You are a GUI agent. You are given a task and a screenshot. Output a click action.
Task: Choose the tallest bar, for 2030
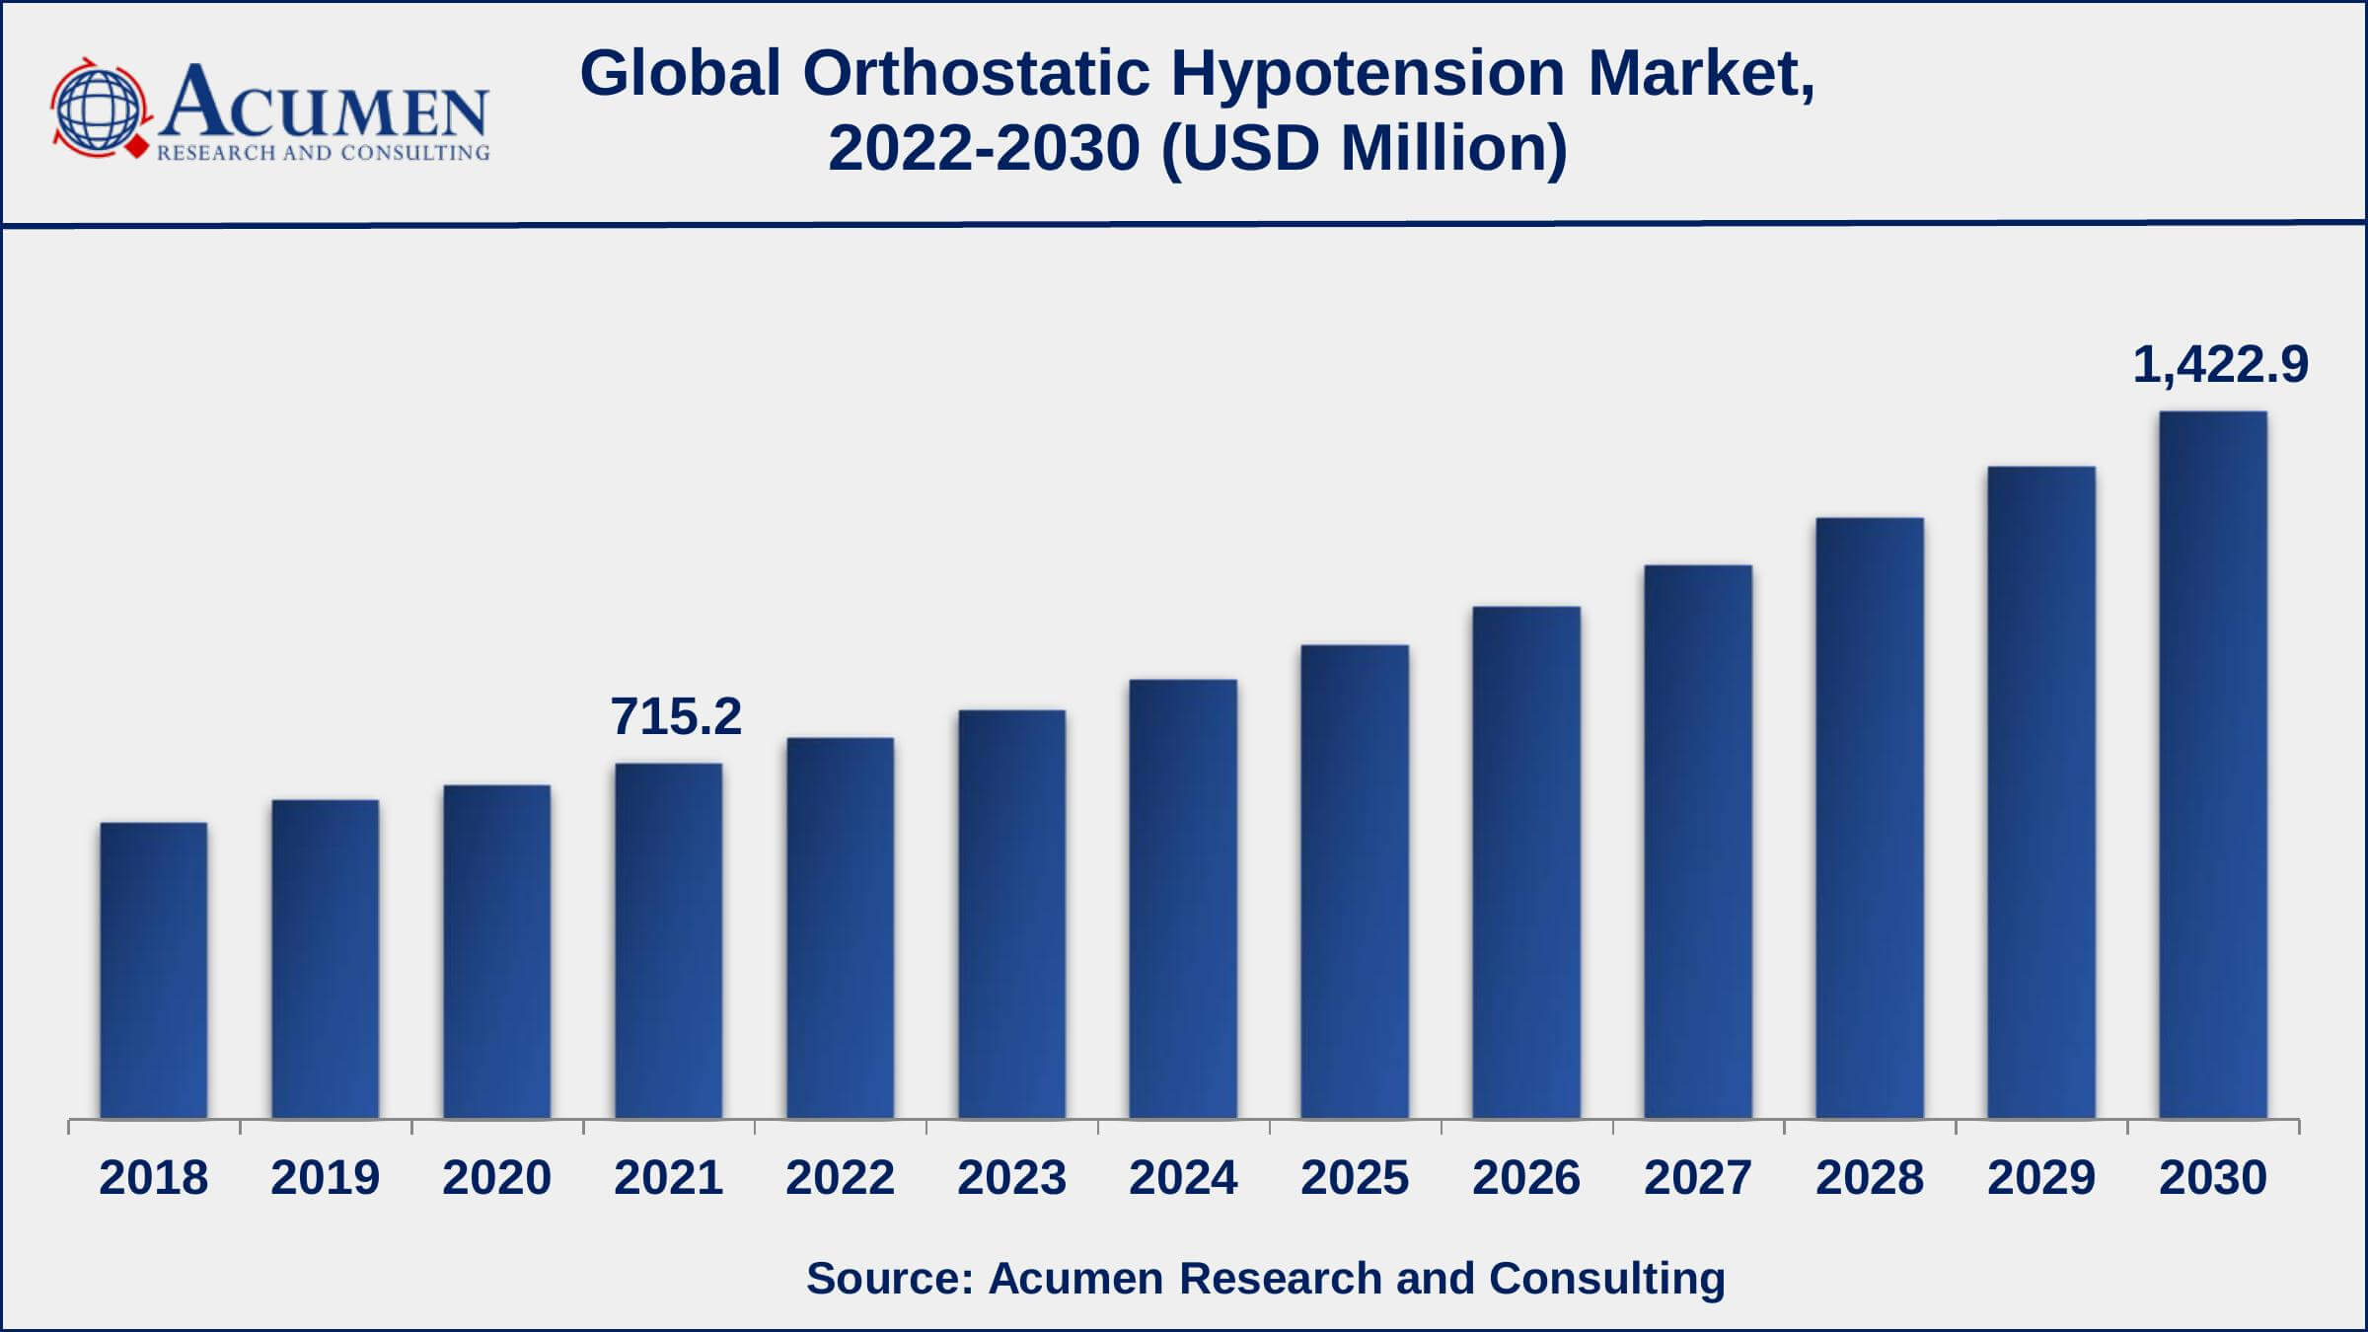2212,765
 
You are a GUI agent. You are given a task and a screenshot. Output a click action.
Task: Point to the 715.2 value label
676,716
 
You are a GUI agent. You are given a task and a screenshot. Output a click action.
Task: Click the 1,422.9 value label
2220,365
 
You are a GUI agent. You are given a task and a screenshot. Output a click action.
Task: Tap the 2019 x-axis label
325,1177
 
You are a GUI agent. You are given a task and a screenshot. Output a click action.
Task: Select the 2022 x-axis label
840,1177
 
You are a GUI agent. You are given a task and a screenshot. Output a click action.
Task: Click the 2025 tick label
1355,1177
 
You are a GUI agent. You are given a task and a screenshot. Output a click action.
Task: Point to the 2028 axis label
1869,1177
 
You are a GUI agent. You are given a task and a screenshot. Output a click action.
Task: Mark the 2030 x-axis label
2212,1177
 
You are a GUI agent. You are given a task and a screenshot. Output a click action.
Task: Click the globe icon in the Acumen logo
98,109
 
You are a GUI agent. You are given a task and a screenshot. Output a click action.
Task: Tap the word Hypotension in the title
1368,73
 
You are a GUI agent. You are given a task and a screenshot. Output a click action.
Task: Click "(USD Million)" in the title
1364,148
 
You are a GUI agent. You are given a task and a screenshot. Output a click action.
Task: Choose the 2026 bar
1525,862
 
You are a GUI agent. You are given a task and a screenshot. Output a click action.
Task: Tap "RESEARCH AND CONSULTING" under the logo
323,153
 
